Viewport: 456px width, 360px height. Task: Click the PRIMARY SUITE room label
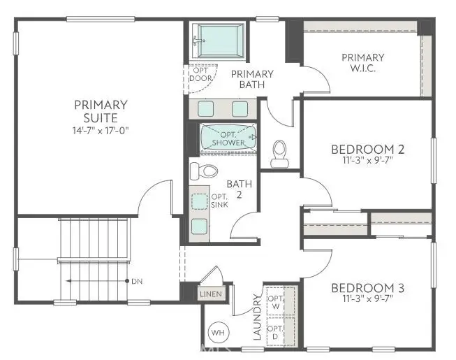101,111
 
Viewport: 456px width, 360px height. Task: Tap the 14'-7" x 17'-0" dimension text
101,130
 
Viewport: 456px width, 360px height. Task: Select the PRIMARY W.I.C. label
362,62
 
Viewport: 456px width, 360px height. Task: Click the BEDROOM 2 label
367,149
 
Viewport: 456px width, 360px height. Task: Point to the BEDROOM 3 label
367,288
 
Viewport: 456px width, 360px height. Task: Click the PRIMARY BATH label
252,80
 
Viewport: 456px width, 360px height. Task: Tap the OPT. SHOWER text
228,138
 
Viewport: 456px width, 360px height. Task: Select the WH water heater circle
217,332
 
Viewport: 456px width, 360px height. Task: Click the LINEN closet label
211,294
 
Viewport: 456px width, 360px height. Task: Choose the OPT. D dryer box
275,332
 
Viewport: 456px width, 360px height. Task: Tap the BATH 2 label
236,189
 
